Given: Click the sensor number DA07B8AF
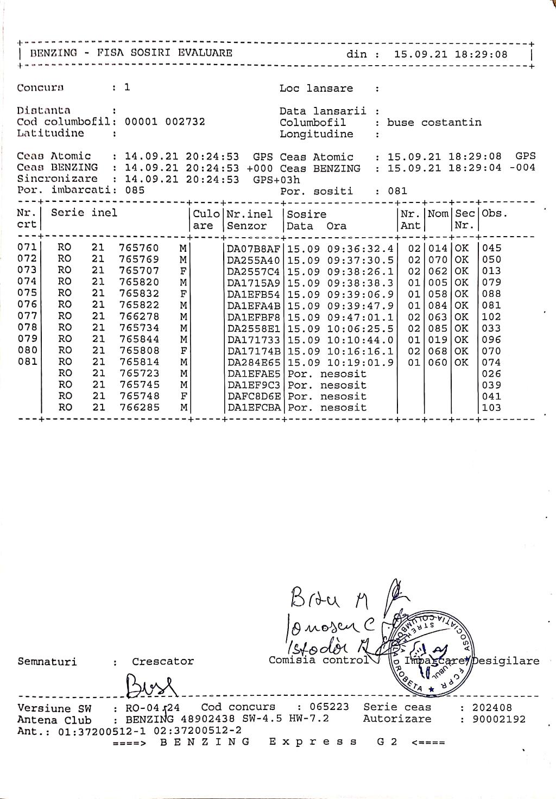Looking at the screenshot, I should [x=254, y=249].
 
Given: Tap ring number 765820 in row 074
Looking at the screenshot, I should [x=139, y=282].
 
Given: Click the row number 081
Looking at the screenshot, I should [x=27, y=362].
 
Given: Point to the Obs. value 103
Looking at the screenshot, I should [x=491, y=408].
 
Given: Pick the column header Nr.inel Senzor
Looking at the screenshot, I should [x=250, y=220].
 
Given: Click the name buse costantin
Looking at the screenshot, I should [x=434, y=122].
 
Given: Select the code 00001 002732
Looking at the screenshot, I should [x=165, y=122].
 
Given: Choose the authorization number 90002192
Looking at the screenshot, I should [x=498, y=719].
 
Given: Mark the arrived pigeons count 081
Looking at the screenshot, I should [x=397, y=191].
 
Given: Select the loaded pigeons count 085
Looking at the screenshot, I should [x=135, y=190].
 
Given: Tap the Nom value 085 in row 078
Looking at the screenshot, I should [x=438, y=328].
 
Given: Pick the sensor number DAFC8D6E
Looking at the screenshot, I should [x=254, y=396].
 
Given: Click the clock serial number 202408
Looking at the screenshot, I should [x=492, y=707].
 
